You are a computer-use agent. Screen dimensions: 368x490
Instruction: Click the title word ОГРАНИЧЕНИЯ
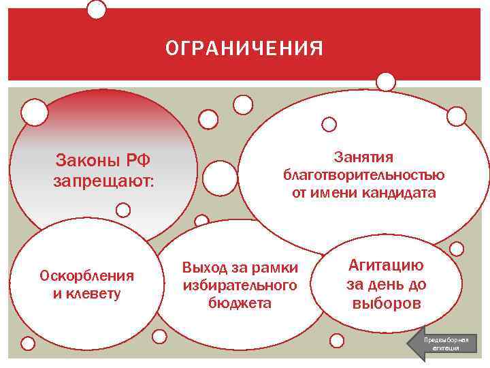coord(244,49)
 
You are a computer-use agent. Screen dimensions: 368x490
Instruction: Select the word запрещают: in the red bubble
coord(103,183)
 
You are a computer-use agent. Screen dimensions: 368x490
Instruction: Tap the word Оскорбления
coord(87,276)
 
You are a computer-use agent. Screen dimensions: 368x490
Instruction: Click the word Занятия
coord(363,157)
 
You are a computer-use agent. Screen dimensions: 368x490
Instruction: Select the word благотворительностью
coord(363,174)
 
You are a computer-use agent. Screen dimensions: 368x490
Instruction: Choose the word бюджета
coord(240,303)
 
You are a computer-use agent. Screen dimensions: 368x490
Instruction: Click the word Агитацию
coord(386,265)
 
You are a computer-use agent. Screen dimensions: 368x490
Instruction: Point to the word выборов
coord(386,303)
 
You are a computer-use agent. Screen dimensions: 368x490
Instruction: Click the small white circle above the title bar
coord(97,9)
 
